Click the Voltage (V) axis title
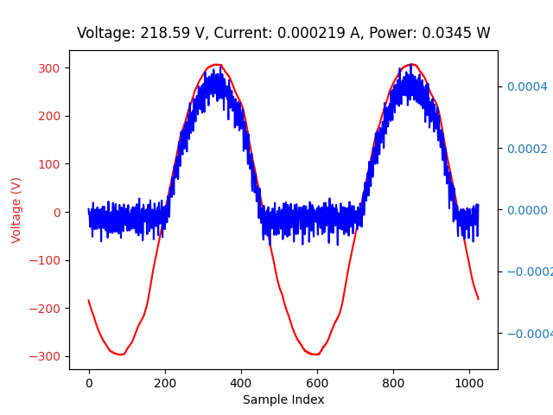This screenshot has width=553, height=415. [16, 210]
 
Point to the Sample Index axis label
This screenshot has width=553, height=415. [283, 399]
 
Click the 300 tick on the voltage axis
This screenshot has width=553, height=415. [51, 68]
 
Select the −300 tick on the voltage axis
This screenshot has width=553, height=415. [48, 356]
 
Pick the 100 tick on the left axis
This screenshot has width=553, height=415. [51, 164]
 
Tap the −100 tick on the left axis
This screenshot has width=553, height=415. [48, 260]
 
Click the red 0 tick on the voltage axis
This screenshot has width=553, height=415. [57, 213]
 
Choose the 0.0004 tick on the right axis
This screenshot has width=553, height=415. [527, 86]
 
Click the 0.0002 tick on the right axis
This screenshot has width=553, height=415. [527, 149]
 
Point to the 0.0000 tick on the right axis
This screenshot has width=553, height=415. [527, 210]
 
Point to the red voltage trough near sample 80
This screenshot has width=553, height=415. [119, 354]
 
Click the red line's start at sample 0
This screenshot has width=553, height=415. [89, 301]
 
